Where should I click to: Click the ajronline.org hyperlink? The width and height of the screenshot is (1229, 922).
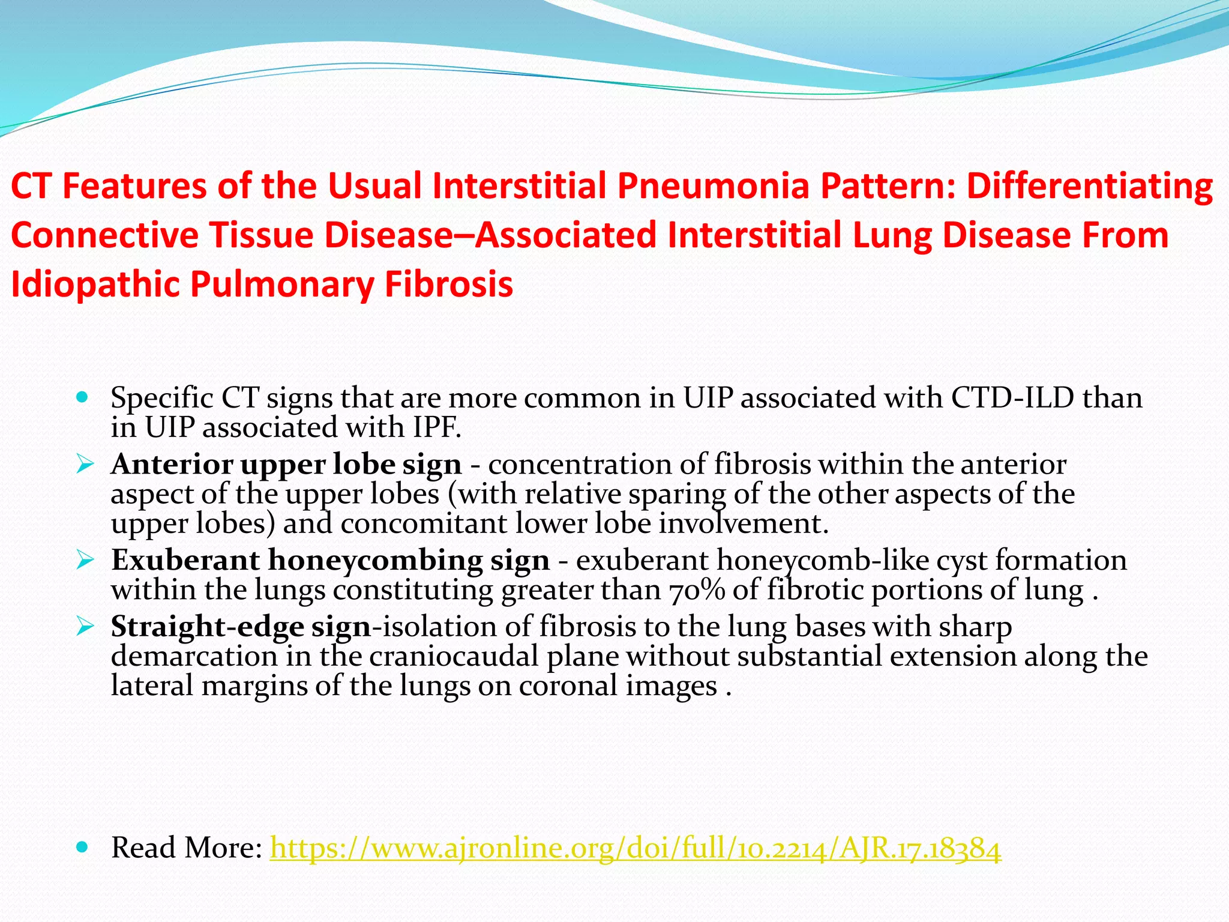tap(635, 848)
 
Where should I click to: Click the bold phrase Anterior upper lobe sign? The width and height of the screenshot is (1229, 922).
tap(286, 465)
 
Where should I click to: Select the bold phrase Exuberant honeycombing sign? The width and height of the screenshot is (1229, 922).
tap(330, 561)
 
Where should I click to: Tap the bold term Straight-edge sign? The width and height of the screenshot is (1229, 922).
tap(241, 627)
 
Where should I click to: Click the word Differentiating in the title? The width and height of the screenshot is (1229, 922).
tap(1090, 185)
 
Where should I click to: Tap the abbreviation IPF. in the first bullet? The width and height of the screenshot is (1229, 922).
tap(437, 428)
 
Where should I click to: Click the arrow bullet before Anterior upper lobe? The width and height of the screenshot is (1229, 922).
tap(85, 464)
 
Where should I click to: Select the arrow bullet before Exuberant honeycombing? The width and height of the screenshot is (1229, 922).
tap(85, 561)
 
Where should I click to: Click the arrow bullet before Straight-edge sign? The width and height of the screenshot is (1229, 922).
tap(85, 627)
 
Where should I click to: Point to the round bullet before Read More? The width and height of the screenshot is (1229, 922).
tap(83, 847)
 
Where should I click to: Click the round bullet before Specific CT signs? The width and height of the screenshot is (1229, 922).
tap(83, 397)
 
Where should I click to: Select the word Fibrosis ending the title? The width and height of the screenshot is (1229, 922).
tap(448, 284)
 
